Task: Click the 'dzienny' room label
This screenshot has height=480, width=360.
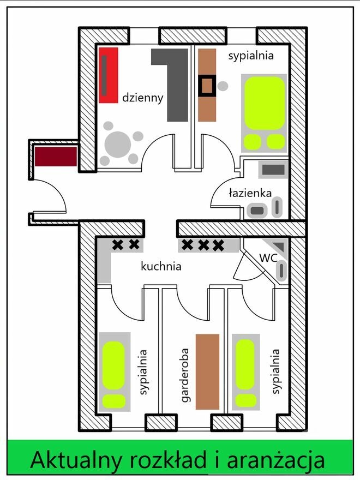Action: coord(143,98)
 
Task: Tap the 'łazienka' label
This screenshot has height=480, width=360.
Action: coord(250,193)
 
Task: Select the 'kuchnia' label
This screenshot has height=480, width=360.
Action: coord(161,266)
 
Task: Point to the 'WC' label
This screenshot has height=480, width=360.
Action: coord(268,257)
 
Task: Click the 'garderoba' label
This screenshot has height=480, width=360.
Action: coord(184,375)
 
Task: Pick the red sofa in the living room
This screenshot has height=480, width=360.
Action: coord(109,75)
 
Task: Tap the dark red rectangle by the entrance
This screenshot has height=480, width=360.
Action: coord(56,157)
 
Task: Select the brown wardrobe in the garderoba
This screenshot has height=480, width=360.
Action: coord(208,371)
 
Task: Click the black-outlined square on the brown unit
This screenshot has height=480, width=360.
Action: coord(207,86)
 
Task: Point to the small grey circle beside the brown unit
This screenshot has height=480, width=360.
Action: coord(223,86)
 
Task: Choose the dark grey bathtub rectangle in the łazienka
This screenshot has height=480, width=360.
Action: coord(273,170)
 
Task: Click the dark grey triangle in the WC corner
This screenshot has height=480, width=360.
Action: coord(280,245)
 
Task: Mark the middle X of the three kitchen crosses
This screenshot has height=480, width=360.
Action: coord(203,245)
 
